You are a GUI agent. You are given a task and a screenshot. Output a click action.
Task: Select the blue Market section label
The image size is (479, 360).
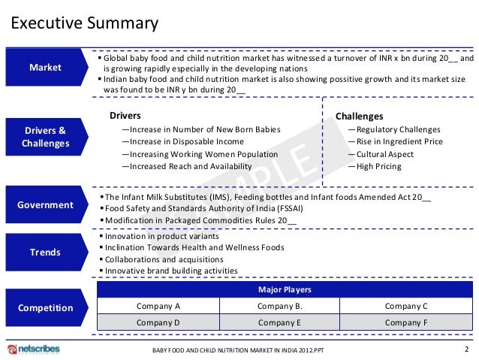[x=45, y=68]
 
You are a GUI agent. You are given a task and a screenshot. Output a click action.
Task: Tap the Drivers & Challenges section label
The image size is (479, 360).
[x=45, y=136]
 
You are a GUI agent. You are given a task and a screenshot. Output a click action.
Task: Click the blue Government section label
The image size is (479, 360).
[x=45, y=204]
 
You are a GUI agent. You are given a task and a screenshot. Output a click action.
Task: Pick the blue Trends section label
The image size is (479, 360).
[x=45, y=253]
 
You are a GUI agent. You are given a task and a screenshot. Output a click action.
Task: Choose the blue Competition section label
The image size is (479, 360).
[x=45, y=307]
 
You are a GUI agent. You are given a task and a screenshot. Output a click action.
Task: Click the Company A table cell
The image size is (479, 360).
[x=158, y=306]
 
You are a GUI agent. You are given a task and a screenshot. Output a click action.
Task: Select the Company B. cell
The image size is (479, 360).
[x=279, y=306]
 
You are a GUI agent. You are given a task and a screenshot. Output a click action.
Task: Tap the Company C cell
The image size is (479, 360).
[x=405, y=306]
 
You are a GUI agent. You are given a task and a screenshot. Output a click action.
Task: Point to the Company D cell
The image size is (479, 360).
[x=158, y=322]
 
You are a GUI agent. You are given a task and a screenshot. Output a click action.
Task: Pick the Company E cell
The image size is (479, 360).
[x=279, y=322]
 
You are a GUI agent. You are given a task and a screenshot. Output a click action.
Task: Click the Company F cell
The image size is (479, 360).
[x=405, y=322]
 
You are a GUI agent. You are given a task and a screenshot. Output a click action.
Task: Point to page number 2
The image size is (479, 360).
[x=467, y=349]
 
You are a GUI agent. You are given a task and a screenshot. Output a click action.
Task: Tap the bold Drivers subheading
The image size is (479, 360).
[x=125, y=116]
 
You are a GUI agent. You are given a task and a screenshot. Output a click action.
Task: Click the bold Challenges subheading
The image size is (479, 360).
[x=359, y=116]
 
